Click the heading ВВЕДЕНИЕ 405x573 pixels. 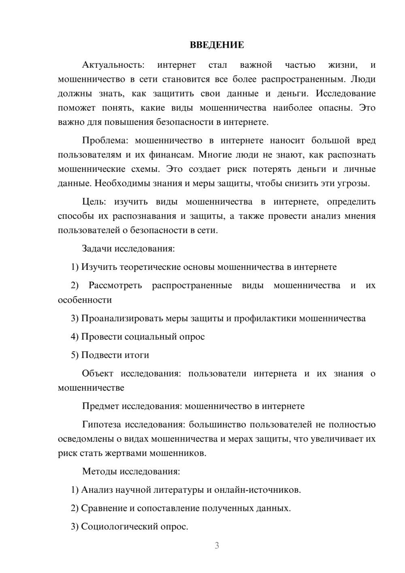tap(217, 45)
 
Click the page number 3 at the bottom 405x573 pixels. tap(217, 545)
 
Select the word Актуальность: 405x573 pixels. tap(113, 65)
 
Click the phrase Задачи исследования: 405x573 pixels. tap(128, 248)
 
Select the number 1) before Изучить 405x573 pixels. tap(75, 267)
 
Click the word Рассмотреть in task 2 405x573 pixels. tap(115, 285)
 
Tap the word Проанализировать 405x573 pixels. tap(122, 319)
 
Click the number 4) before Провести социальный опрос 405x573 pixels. tap(75, 337)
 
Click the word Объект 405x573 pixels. tap(98, 374)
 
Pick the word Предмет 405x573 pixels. tap(101, 406)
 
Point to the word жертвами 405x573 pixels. tap(126, 453)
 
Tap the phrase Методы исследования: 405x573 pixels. tap(131, 471)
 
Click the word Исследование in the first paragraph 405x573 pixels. tap(345, 94)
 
